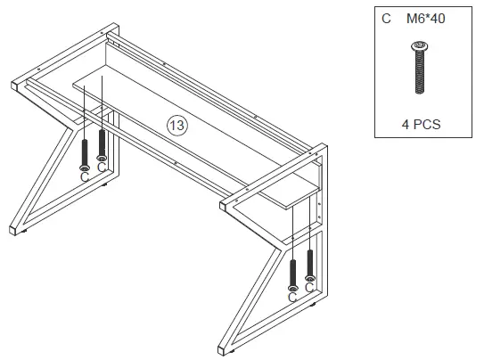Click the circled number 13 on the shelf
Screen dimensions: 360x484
(176, 126)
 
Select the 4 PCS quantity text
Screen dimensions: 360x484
(421, 125)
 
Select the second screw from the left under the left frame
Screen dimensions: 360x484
(103, 143)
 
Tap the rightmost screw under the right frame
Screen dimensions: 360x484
(310, 265)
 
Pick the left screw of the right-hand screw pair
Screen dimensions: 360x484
(292, 272)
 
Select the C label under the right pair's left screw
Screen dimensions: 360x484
(292, 297)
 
